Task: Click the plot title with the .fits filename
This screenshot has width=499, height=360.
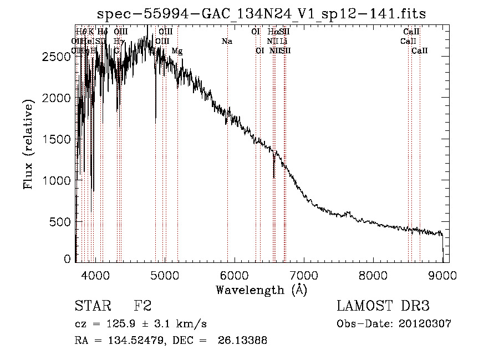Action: tap(261, 14)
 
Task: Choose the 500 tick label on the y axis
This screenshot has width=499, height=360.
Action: tap(64, 222)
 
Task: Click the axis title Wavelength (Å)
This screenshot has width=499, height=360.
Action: tap(261, 290)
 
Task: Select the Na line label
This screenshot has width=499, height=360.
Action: tap(227, 42)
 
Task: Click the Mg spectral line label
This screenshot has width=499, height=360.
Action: tap(177, 51)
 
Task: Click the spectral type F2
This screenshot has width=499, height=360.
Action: tap(142, 306)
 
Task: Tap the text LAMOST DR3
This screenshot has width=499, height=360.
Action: tap(383, 306)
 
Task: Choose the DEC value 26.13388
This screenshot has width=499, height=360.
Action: tap(244, 341)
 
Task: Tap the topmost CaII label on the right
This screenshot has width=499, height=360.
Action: tap(411, 32)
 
